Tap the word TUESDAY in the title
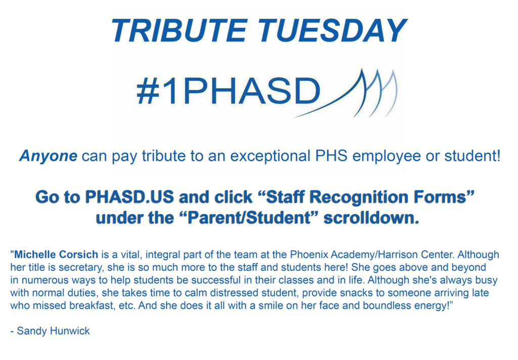(332, 30)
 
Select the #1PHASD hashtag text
(228, 91)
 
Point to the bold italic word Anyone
(48, 156)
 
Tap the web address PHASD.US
(129, 197)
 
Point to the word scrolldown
(371, 218)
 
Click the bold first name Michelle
(35, 254)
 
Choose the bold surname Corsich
(78, 254)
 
